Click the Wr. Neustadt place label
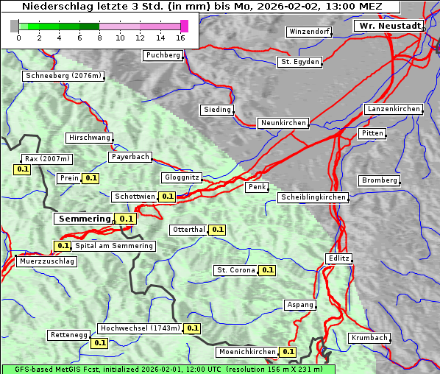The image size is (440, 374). (x=390, y=26)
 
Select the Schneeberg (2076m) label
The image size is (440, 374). (x=63, y=76)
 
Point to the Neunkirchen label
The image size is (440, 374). (x=283, y=123)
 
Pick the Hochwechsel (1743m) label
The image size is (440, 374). (x=140, y=328)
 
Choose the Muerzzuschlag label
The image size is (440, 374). (x=46, y=261)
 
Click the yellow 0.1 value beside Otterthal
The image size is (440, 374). (x=218, y=230)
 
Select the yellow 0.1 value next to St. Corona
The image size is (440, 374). (x=268, y=270)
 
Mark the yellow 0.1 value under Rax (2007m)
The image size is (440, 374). (x=23, y=169)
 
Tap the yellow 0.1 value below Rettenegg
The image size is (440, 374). (x=99, y=342)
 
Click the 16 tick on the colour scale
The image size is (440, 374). (x=181, y=38)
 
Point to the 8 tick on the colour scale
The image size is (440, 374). (x=99, y=38)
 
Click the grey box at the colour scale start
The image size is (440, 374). (x=15, y=26)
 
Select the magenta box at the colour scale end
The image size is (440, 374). (x=184, y=26)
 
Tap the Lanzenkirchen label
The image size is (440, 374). (x=394, y=109)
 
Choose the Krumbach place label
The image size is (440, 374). (x=369, y=338)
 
